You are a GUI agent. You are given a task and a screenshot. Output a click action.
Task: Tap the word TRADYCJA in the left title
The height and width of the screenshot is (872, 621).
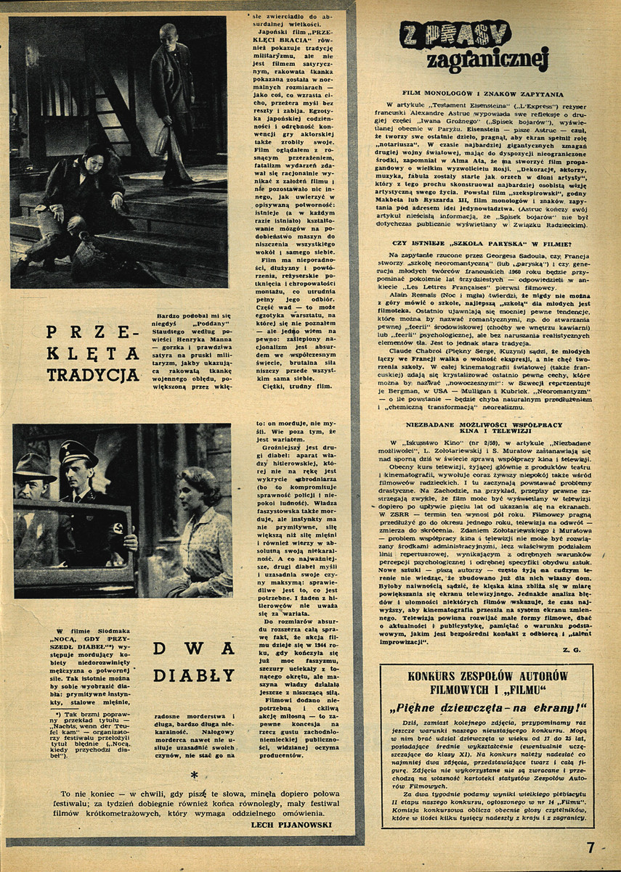93,374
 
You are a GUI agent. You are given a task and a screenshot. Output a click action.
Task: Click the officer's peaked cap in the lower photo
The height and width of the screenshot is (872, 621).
78,453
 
